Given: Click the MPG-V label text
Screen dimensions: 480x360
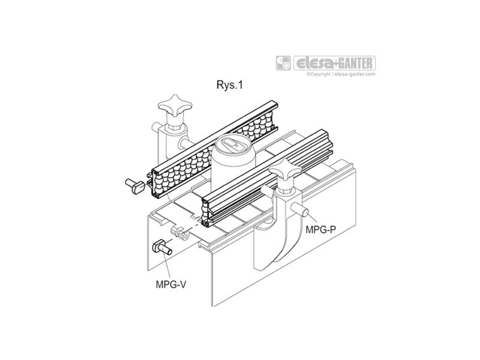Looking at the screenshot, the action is coord(171,284).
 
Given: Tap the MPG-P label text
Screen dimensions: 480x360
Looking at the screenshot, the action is coord(320,229).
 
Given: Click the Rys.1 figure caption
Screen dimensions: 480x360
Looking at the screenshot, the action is coord(230,85).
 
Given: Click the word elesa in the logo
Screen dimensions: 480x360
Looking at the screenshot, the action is coord(315,63).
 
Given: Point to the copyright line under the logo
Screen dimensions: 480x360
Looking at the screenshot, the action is coord(341,74).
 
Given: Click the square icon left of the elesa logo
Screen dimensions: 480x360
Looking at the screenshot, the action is coord(283,63).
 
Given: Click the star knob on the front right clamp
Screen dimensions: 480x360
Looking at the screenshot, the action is coord(285,170).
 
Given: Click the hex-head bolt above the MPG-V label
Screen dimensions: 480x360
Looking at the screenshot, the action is coord(161,247).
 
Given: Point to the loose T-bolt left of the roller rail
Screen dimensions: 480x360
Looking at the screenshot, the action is coord(135,185).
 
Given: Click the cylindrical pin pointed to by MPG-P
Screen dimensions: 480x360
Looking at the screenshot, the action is coord(301,210).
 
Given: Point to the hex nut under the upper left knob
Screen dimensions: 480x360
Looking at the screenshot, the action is coord(175,126).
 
